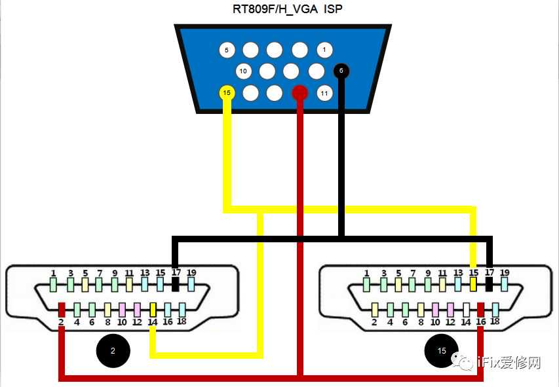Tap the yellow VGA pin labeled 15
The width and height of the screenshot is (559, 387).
227,93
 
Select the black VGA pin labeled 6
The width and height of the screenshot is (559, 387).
341,71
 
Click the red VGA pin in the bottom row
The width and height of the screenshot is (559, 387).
299,93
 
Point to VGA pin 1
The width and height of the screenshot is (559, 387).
324,49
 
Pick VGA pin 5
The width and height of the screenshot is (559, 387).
226,50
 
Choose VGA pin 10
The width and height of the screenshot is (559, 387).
242,71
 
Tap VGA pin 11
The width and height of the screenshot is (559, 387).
324,93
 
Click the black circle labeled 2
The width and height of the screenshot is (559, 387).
113,351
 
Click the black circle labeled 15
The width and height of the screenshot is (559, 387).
441,351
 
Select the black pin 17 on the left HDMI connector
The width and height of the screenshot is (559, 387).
175,284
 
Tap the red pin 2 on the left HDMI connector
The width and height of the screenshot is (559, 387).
62,308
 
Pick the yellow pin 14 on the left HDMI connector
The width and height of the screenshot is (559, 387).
153,308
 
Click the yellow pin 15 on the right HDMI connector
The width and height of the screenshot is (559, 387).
473,284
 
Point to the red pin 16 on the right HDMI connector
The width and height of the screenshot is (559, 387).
481,309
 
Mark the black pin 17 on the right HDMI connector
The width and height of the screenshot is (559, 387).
489,284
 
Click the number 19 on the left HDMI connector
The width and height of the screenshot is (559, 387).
191,272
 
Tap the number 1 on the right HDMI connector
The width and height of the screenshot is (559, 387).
366,273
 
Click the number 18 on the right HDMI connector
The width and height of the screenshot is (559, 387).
495,322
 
